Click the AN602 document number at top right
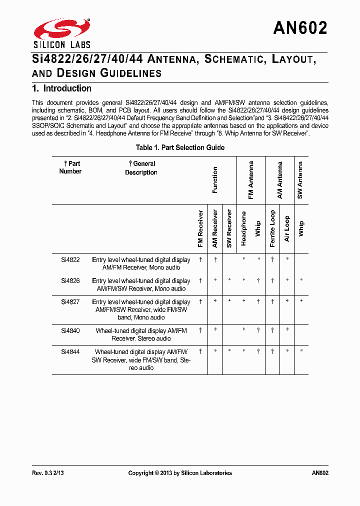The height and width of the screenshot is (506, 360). [300, 28]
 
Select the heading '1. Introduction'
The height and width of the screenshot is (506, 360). [61, 88]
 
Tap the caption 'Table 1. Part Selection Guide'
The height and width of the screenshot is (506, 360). [180, 147]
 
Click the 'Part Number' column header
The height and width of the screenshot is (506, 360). [70, 167]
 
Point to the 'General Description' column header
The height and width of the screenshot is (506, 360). [141, 168]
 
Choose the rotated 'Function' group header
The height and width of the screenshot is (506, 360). [215, 180]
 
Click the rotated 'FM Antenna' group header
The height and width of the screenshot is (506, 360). [251, 180]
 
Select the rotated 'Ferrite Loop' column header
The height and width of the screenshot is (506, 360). [272, 228]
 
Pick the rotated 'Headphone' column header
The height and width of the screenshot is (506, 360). [244, 228]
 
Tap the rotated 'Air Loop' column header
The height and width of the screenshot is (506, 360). [287, 228]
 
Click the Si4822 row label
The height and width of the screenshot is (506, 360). [70, 260]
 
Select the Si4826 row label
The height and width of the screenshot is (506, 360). [70, 281]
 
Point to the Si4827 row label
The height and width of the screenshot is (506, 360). [70, 302]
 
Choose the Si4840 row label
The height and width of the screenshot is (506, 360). [70, 330]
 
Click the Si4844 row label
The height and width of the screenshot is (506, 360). [70, 351]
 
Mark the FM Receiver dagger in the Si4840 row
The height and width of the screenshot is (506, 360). [200, 330]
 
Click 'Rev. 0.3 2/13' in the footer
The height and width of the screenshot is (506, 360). [48, 473]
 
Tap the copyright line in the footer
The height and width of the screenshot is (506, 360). [180, 473]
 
